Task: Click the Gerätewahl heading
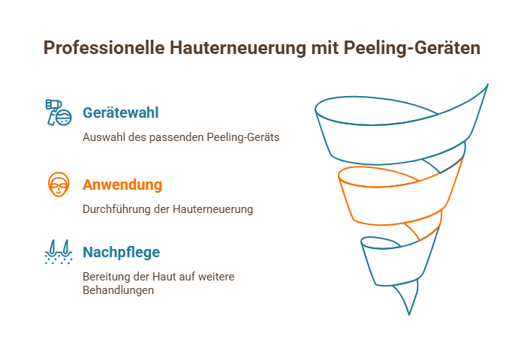click(x=120, y=113)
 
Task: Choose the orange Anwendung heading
click(x=122, y=184)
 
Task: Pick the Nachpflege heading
click(x=121, y=252)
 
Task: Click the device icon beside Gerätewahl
click(x=58, y=112)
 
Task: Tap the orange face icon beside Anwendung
click(x=58, y=184)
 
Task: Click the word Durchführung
click(x=115, y=209)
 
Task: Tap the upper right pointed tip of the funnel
click(x=487, y=85)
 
